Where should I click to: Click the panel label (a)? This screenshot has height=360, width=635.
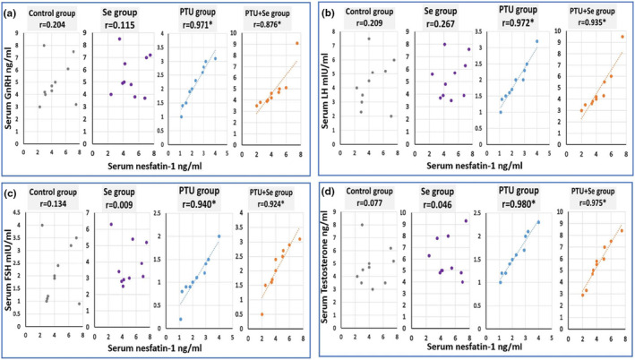(16, 14)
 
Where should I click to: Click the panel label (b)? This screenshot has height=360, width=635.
(334, 14)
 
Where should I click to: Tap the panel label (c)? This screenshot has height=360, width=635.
(16, 195)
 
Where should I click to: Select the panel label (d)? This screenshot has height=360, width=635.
(334, 195)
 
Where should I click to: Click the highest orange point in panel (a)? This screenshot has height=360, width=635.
(297, 43)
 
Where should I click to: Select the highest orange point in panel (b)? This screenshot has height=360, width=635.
(622, 37)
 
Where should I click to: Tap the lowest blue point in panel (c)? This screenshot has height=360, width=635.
(180, 319)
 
